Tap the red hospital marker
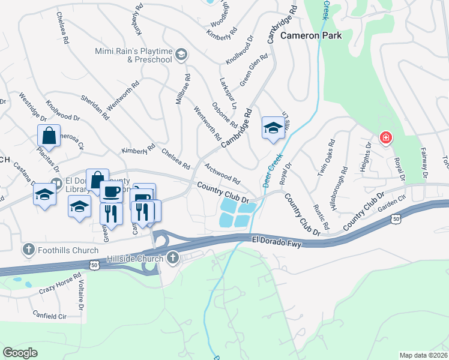(x=385, y=139)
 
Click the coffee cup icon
(x=111, y=191)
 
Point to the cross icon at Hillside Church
(x=173, y=259)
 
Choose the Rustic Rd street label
(x=321, y=217)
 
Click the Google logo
(x=20, y=353)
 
